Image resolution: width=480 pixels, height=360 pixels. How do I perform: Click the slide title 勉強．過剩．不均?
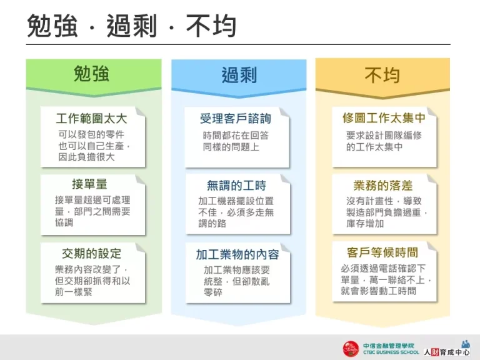click(x=131, y=26)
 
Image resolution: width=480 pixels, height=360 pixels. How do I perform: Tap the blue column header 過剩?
click(x=239, y=76)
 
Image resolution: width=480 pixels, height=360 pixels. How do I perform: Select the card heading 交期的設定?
click(x=91, y=253)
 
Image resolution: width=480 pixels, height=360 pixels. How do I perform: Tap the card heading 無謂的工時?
click(x=236, y=185)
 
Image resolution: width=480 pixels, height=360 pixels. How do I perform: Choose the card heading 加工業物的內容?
click(x=237, y=254)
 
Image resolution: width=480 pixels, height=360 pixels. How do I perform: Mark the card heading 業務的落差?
click(x=383, y=185)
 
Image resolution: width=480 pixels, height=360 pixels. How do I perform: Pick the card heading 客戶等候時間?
click(x=382, y=252)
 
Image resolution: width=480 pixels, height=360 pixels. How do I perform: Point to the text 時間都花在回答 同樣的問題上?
click(x=236, y=141)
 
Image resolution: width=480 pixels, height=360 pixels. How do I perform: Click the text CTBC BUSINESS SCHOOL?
click(x=391, y=352)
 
